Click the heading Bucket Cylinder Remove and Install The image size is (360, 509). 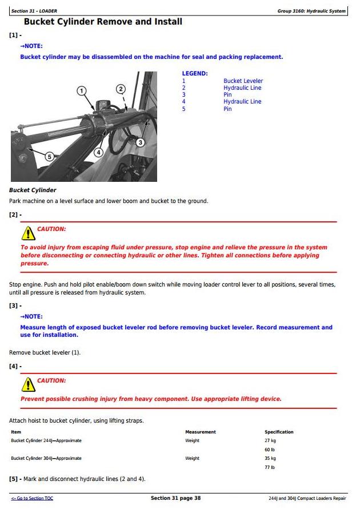point(103,22)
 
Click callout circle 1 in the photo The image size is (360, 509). point(82,90)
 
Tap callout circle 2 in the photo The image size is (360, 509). point(120,89)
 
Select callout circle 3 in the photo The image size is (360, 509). point(140,142)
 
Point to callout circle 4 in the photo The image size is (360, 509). point(98,153)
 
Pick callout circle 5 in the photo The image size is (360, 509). point(49,156)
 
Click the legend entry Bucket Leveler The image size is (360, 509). point(243,81)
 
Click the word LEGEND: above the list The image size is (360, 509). point(195,74)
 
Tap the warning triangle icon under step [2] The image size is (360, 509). point(28,233)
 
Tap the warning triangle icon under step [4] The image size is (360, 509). point(28,384)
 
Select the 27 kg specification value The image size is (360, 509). point(270,441)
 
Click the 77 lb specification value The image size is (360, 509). point(270,467)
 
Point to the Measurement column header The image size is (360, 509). point(201,432)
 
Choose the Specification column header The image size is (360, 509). point(279,432)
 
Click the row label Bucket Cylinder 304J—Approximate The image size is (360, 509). point(46,458)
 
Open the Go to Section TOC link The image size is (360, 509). point(32,499)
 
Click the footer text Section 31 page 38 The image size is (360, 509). point(175,498)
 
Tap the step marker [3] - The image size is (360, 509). point(15,306)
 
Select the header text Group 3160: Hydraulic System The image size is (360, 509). point(311,11)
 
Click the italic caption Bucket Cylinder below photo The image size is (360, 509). point(33,190)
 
